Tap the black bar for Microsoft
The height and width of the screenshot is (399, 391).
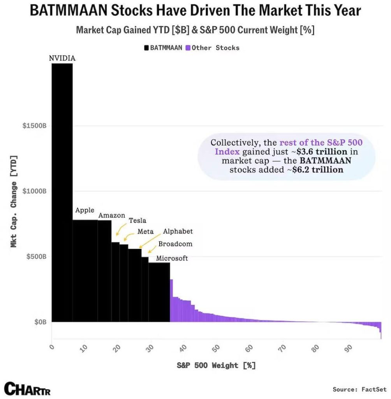click(x=159, y=292)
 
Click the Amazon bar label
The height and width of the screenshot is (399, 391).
click(x=112, y=215)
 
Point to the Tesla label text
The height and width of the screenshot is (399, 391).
click(x=137, y=221)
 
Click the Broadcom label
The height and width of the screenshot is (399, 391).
click(x=175, y=244)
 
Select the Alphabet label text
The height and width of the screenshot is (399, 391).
click(x=178, y=231)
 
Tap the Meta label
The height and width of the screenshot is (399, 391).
click(x=146, y=231)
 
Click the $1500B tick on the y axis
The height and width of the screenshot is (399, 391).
click(x=34, y=126)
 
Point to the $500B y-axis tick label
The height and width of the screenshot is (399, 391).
click(x=36, y=257)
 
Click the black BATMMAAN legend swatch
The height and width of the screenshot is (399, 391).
click(x=146, y=48)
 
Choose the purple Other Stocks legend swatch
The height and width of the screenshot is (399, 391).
click(x=188, y=48)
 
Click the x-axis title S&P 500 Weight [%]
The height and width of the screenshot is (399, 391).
click(x=216, y=365)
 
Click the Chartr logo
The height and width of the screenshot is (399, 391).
click(x=27, y=388)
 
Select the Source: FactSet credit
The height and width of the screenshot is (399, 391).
click(x=359, y=389)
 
